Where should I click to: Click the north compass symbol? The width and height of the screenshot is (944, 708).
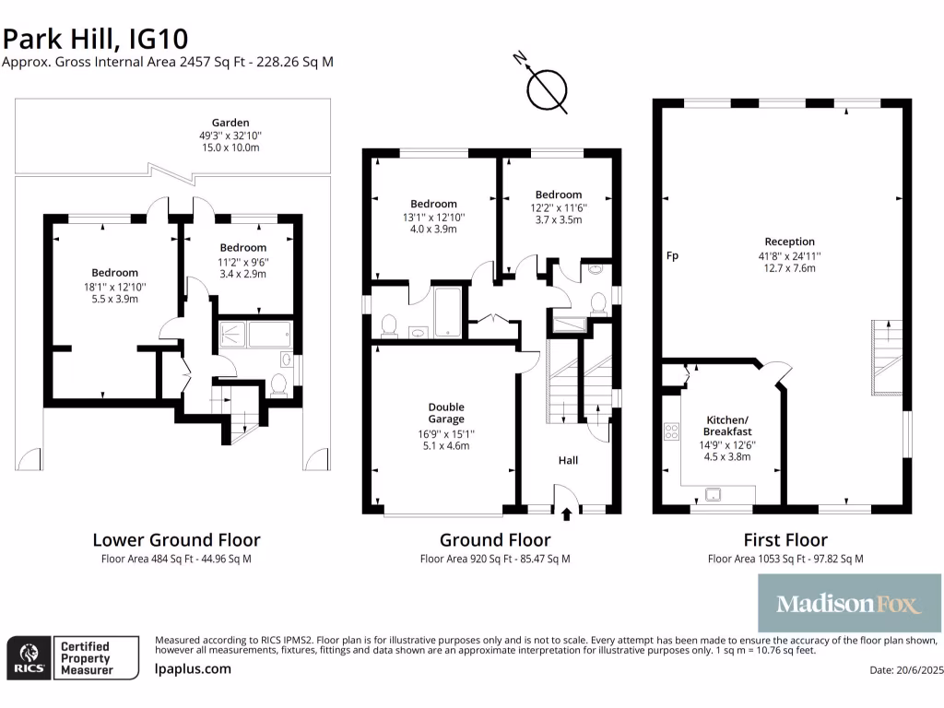pyautogui.click(x=546, y=89)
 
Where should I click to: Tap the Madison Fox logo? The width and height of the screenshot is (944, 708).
pyautogui.click(x=849, y=604)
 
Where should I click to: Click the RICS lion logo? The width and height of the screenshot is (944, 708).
pyautogui.click(x=26, y=656)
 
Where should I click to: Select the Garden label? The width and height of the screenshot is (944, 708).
pyautogui.click(x=230, y=123)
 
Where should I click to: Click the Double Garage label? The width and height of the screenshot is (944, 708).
pyautogui.click(x=446, y=413)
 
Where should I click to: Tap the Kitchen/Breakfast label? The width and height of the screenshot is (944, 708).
pyautogui.click(x=727, y=426)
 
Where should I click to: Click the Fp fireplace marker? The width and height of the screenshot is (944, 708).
pyautogui.click(x=672, y=255)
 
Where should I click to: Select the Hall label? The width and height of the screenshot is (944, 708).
pyautogui.click(x=568, y=459)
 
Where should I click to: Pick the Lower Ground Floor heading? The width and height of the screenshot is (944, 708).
pyautogui.click(x=176, y=540)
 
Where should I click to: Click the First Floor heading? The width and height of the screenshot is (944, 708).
pyautogui.click(x=785, y=540)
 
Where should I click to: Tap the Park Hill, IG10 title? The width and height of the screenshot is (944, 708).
pyautogui.click(x=96, y=39)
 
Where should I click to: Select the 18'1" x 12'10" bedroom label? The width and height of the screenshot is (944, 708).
pyautogui.click(x=114, y=273)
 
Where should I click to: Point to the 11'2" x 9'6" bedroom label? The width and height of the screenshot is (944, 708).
pyautogui.click(x=243, y=248)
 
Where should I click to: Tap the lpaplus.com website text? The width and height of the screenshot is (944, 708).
pyautogui.click(x=193, y=669)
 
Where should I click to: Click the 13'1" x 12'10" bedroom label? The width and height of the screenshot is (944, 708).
pyautogui.click(x=433, y=204)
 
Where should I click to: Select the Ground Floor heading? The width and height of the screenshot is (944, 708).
pyautogui.click(x=495, y=540)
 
